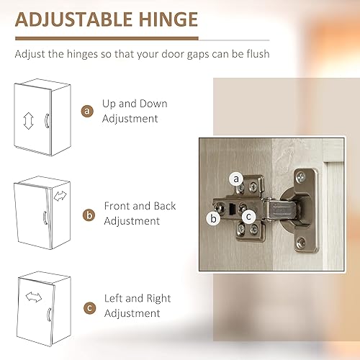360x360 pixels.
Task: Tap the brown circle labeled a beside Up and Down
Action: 88,112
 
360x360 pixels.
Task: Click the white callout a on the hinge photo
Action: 235,178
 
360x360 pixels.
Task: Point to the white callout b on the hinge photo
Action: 213,218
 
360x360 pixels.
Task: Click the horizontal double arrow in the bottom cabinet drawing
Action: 33,296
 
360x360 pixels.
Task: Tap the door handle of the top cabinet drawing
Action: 48,122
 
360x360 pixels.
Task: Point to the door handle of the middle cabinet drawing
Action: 44,219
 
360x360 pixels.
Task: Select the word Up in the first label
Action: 109,104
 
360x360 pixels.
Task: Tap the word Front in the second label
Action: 118,206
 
